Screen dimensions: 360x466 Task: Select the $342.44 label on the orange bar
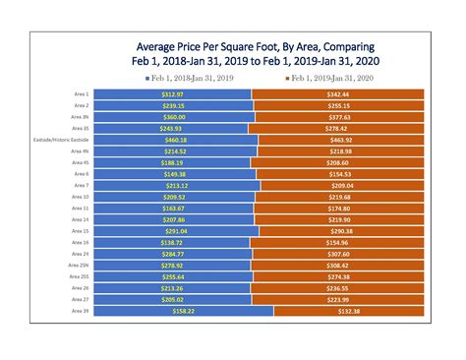(x=339, y=93)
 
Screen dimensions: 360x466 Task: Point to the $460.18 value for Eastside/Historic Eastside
(x=176, y=140)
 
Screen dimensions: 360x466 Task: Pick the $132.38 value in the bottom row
(x=340, y=311)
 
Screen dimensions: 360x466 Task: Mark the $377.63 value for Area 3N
(x=339, y=116)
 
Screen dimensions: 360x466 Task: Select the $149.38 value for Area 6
(x=176, y=173)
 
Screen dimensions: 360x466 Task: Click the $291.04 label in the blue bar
(x=176, y=230)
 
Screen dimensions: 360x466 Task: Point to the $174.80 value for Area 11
(x=339, y=208)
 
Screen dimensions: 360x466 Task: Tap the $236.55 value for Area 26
(x=339, y=288)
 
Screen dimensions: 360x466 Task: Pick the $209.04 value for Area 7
(x=339, y=185)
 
